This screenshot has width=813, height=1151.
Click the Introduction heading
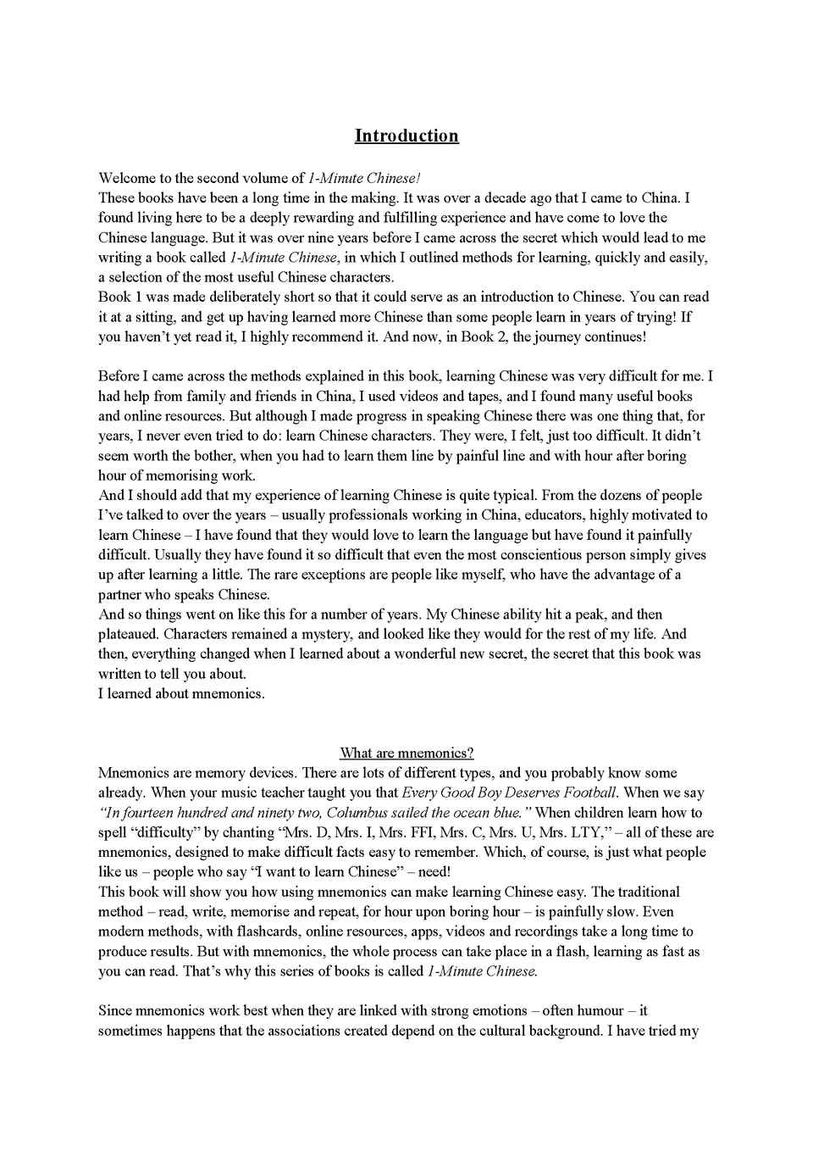click(406, 136)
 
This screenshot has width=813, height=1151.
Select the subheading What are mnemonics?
click(406, 753)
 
